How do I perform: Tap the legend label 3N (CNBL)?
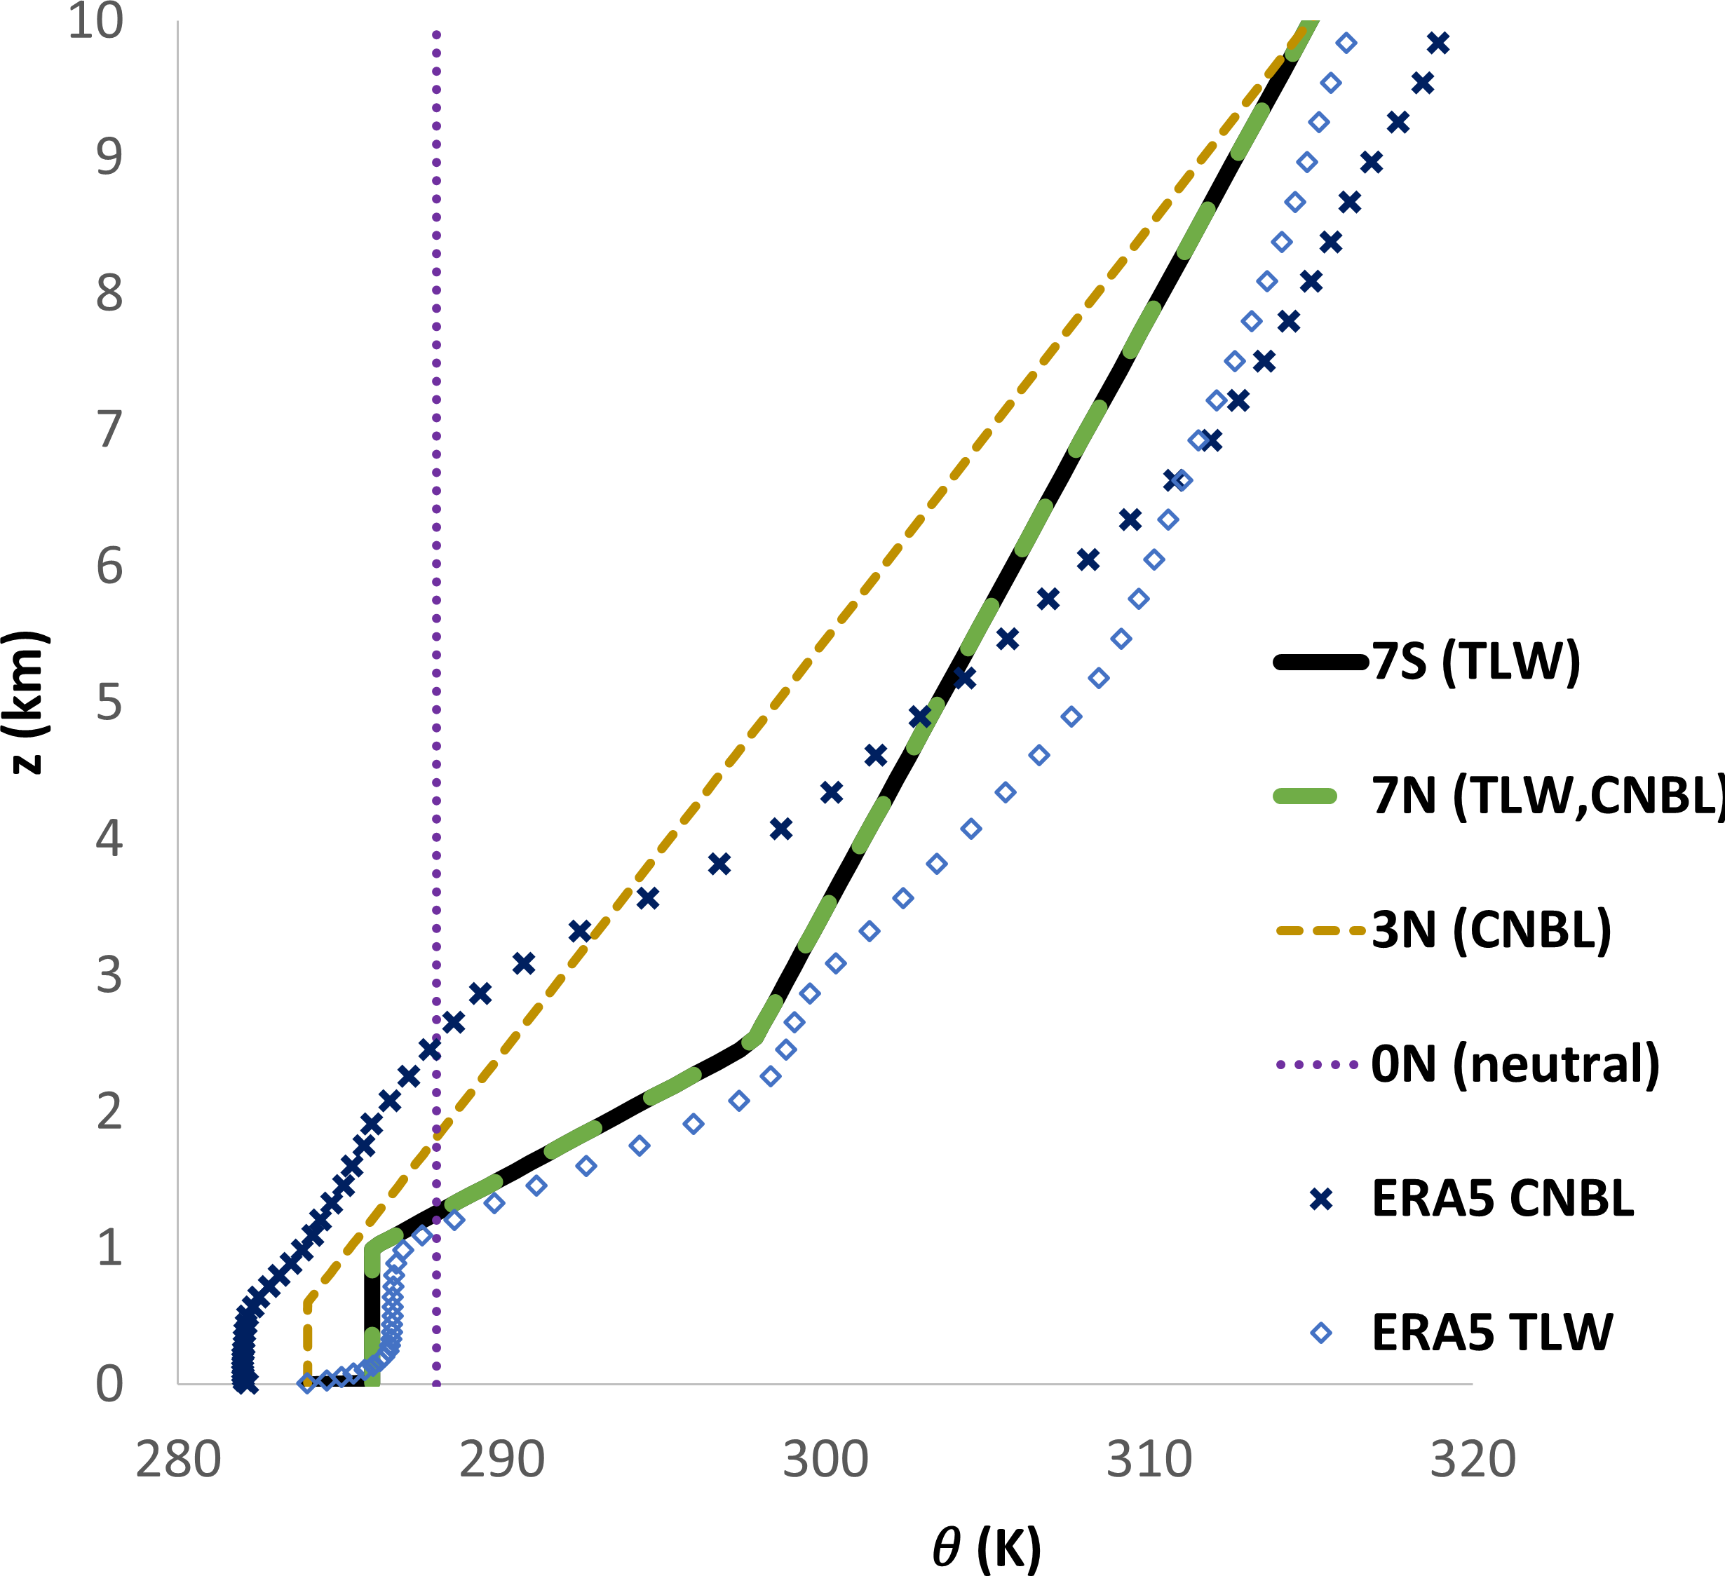(x=1491, y=930)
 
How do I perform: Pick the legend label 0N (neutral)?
(x=1515, y=1064)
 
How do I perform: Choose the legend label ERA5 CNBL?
(x=1503, y=1199)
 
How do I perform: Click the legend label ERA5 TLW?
(x=1492, y=1333)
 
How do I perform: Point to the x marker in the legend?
(x=1321, y=1200)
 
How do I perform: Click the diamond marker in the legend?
(x=1321, y=1333)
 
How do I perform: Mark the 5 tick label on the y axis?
(x=109, y=702)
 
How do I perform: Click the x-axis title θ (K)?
(x=987, y=1547)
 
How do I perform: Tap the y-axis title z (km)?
(x=27, y=702)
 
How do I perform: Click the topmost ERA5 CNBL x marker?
(x=1438, y=43)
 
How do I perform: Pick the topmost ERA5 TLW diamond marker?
(x=1346, y=43)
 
